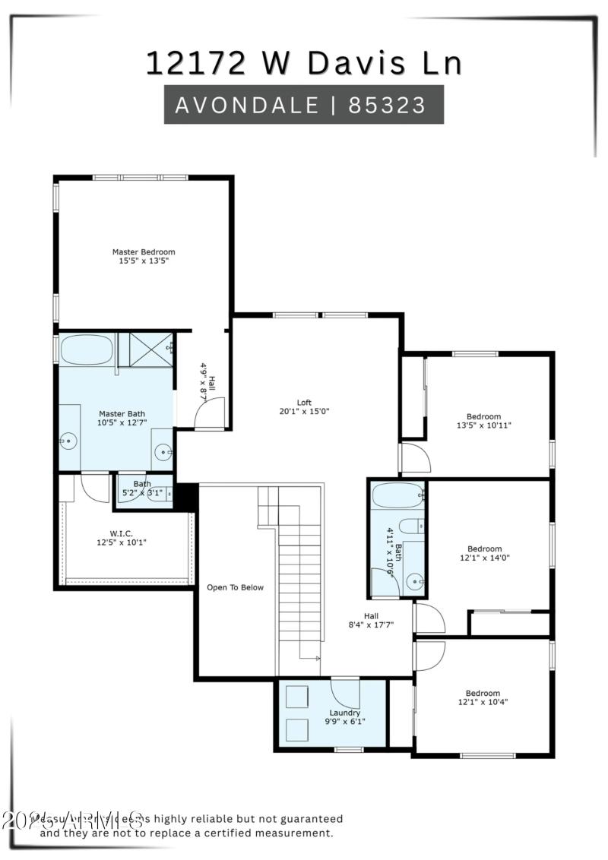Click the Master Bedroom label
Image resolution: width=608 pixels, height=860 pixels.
(144, 252)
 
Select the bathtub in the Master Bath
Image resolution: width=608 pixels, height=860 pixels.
(87, 350)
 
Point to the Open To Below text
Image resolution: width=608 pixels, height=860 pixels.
(236, 587)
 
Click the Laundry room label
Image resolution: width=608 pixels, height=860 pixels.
(345, 713)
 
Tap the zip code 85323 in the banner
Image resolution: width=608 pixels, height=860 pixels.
(387, 105)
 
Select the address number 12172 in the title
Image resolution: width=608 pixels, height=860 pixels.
(197, 64)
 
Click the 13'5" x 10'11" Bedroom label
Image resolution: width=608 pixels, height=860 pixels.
(484, 425)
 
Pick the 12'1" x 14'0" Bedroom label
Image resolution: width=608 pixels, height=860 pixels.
(484, 558)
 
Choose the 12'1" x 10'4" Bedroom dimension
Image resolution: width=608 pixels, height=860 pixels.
(483, 703)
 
